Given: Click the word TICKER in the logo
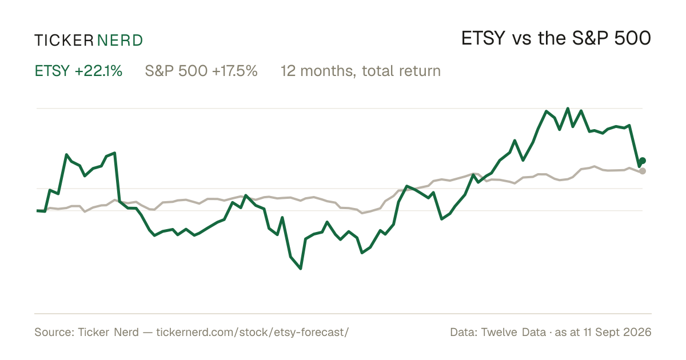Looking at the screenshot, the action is tap(64, 41).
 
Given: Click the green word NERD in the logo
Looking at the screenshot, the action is tap(119, 41).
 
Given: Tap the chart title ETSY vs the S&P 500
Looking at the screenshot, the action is tap(556, 38).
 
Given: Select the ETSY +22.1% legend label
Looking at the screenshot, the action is tap(78, 71).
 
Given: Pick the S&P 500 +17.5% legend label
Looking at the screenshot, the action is tap(201, 71).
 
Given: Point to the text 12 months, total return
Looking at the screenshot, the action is tap(361, 71).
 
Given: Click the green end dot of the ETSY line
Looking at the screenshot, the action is tap(643, 161).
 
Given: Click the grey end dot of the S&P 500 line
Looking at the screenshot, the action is tap(643, 171).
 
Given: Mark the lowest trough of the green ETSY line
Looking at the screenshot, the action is tap(301, 269).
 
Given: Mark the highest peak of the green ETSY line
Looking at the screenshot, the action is tap(568, 109).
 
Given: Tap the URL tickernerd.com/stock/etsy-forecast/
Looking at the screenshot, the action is tap(252, 332).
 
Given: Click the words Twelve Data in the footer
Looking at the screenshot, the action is tap(513, 332).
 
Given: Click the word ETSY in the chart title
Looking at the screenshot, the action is tap(483, 38).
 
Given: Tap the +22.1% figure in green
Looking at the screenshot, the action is tap(98, 71).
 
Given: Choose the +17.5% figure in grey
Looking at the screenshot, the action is tap(234, 71).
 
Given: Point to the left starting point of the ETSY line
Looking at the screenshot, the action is tap(37, 211).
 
